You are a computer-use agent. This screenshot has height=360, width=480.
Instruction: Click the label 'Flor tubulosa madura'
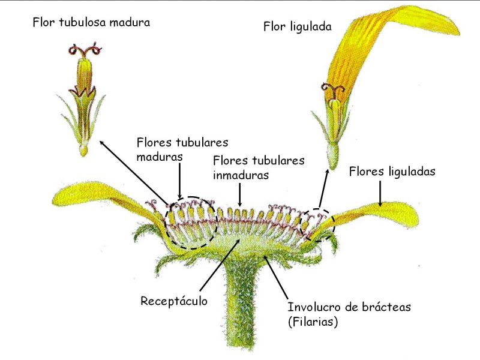(x=91, y=23)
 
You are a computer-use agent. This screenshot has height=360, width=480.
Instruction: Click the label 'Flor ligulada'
(x=297, y=26)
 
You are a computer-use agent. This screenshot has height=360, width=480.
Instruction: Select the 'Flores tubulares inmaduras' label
(x=259, y=168)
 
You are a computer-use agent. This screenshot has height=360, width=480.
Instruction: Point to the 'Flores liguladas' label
(x=392, y=172)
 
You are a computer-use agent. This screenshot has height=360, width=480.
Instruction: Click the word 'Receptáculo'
(x=174, y=301)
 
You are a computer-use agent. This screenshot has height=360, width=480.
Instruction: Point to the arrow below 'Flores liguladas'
(x=380, y=193)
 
